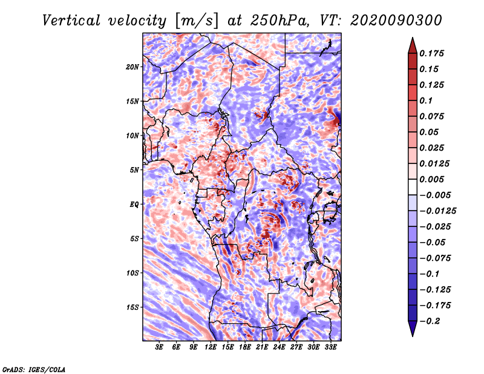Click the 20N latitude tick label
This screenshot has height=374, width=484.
pyautogui.click(x=132, y=67)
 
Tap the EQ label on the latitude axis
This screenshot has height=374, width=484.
pyautogui.click(x=134, y=205)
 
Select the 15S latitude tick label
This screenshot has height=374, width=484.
pyautogui.click(x=132, y=307)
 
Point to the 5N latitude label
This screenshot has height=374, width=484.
pyautogui.click(x=134, y=170)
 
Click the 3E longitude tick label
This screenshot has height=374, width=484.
pyautogui.click(x=159, y=347)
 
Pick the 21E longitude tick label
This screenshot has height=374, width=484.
pyautogui.click(x=262, y=347)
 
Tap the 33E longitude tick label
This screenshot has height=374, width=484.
pyautogui.click(x=330, y=347)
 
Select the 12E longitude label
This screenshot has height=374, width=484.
pyautogui.click(x=211, y=347)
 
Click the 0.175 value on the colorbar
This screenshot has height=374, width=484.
pyautogui.click(x=431, y=53)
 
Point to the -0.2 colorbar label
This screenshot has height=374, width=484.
pyautogui.click(x=430, y=321)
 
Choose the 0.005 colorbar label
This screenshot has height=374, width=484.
pyautogui.click(x=431, y=179)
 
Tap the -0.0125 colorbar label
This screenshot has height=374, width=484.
pyautogui.click(x=437, y=211)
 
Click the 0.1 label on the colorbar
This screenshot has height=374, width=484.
pyautogui.click(x=426, y=100)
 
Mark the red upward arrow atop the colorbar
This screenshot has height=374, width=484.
pyautogui.click(x=413, y=45)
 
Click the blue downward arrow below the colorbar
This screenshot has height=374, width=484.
pyautogui.click(x=413, y=329)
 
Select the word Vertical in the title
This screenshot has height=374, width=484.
pyautogui.click(x=71, y=21)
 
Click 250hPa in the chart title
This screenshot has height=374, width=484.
pyautogui.click(x=279, y=21)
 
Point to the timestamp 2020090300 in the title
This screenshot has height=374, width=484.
pyautogui.click(x=396, y=21)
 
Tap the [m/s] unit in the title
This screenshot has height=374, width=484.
pyautogui.click(x=197, y=21)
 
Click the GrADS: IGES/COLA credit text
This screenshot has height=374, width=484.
pyautogui.click(x=34, y=370)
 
